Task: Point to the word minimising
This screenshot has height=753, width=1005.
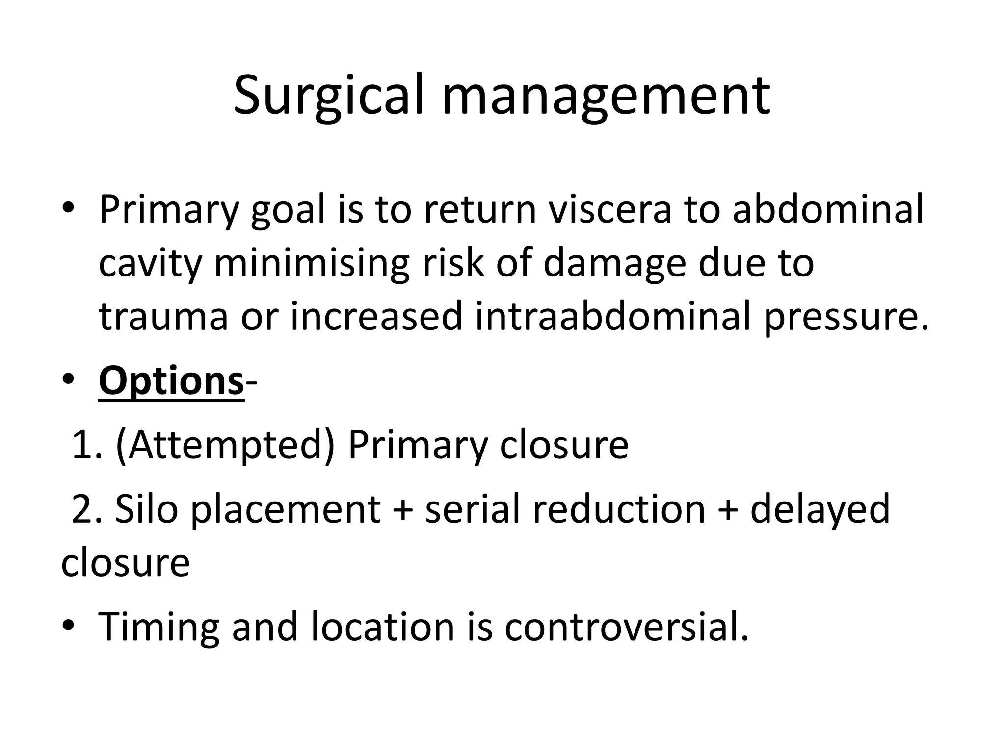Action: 311,263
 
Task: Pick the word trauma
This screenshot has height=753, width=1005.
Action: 163,316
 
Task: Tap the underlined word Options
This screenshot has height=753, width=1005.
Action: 171,381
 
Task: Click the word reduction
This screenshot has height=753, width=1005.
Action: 619,510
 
